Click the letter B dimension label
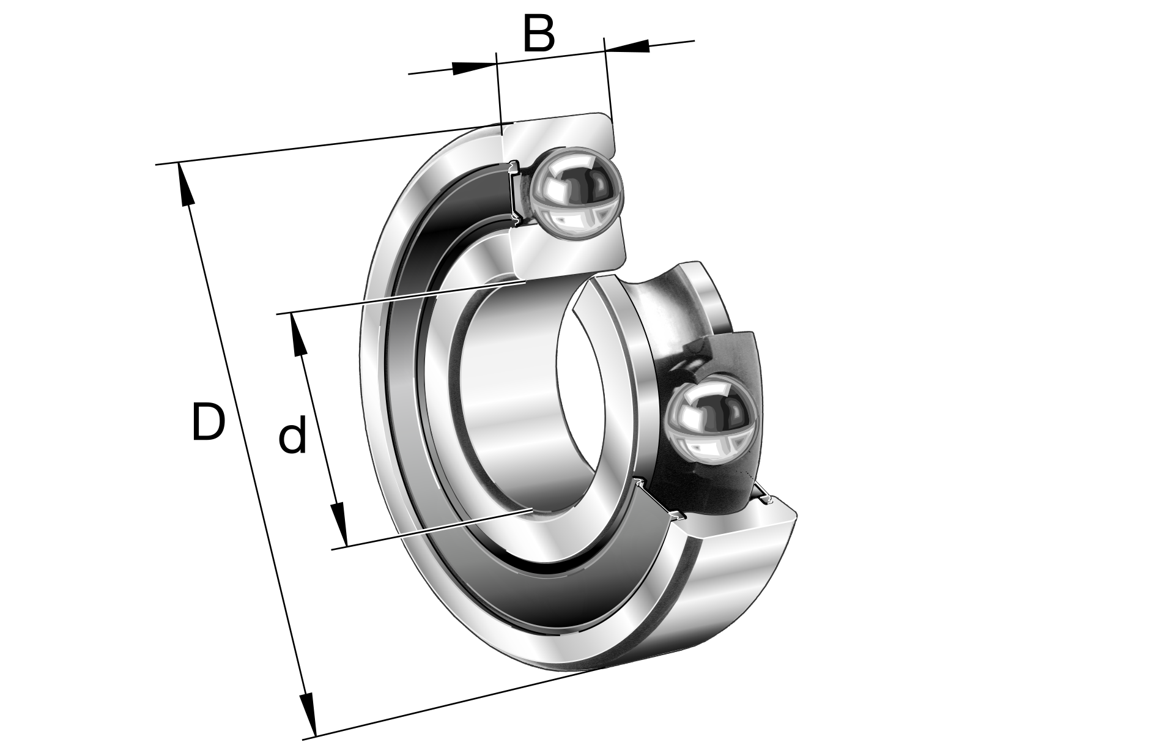point(539,34)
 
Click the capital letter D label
point(208,422)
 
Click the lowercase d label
point(292,433)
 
